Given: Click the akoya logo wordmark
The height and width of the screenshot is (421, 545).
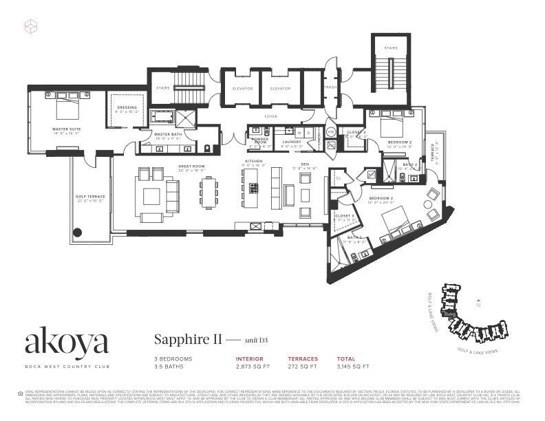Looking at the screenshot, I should (x=67, y=342).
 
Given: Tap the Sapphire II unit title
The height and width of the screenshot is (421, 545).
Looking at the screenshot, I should (x=182, y=338).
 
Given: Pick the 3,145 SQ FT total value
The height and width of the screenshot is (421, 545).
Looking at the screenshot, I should (x=353, y=367).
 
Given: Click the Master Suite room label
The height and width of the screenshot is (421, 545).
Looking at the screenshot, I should (x=66, y=129).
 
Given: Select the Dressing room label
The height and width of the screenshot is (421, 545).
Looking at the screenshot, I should (x=127, y=107).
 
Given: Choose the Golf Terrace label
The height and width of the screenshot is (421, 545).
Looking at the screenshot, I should (x=90, y=197).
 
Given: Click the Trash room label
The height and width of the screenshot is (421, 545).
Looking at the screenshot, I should (x=329, y=88).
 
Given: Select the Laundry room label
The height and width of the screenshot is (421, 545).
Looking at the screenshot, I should (x=292, y=142).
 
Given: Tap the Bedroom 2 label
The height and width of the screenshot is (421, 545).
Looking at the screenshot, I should (x=400, y=142).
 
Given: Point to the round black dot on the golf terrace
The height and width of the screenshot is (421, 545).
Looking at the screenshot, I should (x=78, y=232).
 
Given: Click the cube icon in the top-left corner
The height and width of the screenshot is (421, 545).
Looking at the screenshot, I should (x=30, y=27).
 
